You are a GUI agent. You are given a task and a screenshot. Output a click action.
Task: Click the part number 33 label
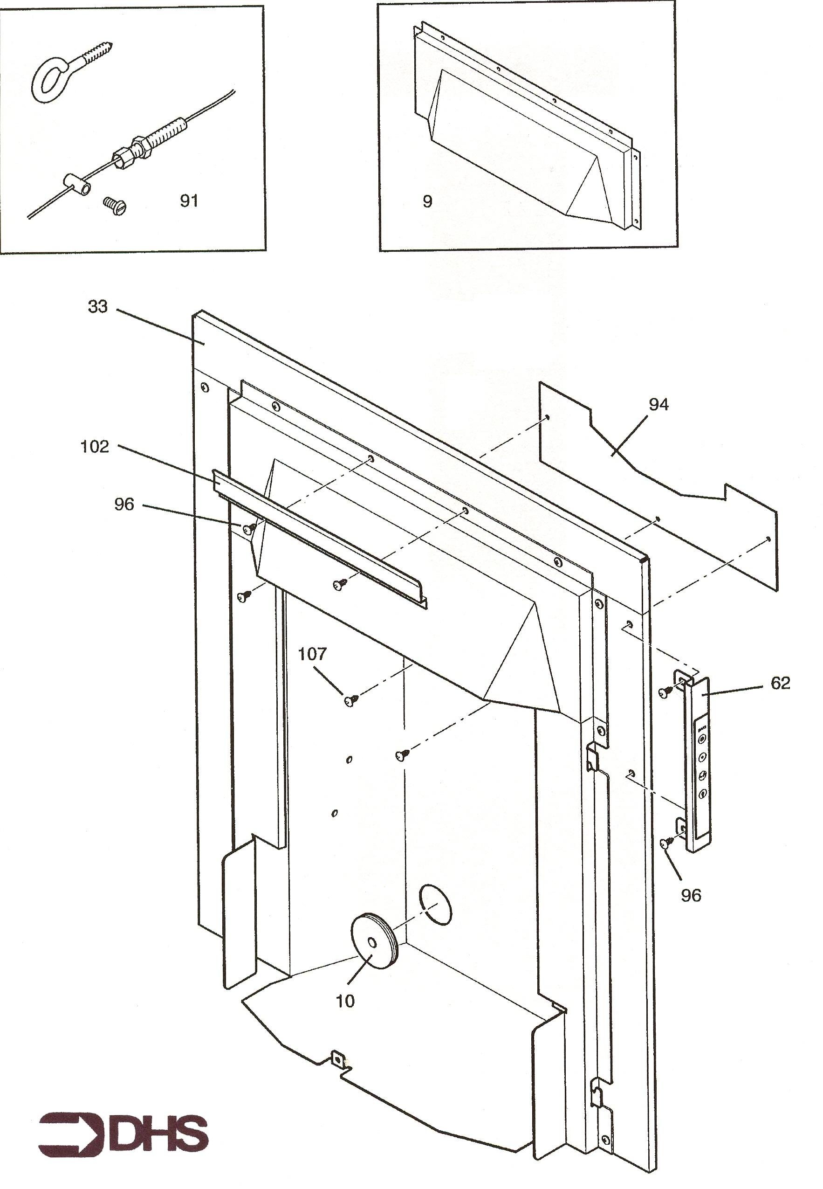point(97,307)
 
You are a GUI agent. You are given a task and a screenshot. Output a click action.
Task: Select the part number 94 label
point(658,405)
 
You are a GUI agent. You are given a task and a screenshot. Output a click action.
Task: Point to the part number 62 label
point(780,683)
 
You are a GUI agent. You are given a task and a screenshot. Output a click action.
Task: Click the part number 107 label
point(312,655)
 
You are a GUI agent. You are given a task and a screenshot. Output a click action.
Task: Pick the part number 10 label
point(345,1001)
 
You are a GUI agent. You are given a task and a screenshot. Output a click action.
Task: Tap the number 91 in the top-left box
point(189,200)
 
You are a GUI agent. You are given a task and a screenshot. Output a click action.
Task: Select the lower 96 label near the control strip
point(691,895)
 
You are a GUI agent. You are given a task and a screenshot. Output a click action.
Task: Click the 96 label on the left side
point(124,505)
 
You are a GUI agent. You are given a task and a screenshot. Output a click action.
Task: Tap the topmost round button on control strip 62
point(702,739)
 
